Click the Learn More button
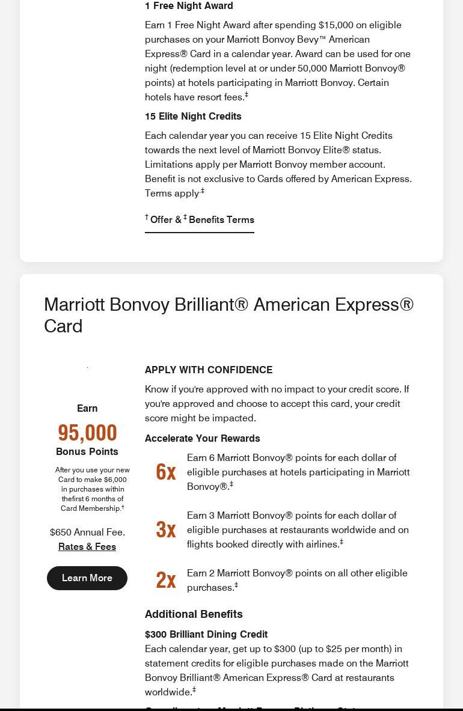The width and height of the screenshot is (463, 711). pyautogui.click(x=87, y=578)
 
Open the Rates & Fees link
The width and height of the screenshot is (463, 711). pyautogui.click(x=87, y=546)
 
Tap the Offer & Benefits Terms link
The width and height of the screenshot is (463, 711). pyautogui.click(x=200, y=220)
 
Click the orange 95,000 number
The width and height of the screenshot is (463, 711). pyautogui.click(x=87, y=433)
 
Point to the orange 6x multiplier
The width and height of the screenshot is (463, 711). pyautogui.click(x=165, y=472)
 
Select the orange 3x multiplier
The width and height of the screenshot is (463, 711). pyautogui.click(x=165, y=529)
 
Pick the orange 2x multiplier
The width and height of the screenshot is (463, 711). pyautogui.click(x=165, y=580)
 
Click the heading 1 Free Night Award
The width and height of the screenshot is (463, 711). pyautogui.click(x=189, y=6)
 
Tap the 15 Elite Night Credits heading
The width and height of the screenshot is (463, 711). pyautogui.click(x=193, y=116)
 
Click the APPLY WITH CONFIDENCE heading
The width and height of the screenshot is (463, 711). pyautogui.click(x=209, y=370)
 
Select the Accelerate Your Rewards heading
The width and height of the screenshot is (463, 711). pyautogui.click(x=203, y=438)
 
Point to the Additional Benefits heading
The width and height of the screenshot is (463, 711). pyautogui.click(x=194, y=614)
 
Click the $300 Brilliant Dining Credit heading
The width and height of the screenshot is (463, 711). pyautogui.click(x=206, y=634)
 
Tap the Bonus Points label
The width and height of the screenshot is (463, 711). pyautogui.click(x=87, y=451)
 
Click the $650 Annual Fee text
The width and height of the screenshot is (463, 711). pyautogui.click(x=87, y=532)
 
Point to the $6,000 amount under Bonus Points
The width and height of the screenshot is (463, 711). pyautogui.click(x=115, y=480)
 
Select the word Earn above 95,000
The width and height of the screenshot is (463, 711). pyautogui.click(x=87, y=408)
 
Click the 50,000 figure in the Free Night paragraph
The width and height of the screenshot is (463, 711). pyautogui.click(x=312, y=68)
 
